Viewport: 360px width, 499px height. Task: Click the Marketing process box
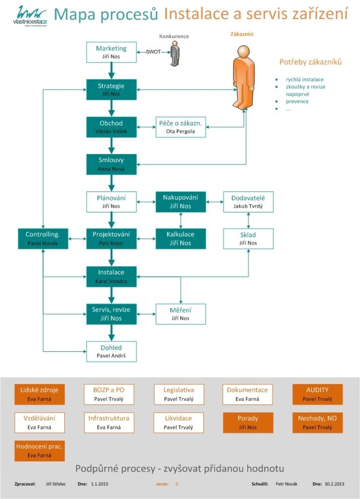tap(111, 52)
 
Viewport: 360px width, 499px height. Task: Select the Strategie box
tap(111, 90)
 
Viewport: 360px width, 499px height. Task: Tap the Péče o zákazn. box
tap(181, 127)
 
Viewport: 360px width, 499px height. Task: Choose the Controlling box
tap(43, 239)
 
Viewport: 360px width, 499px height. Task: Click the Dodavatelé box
tap(248, 202)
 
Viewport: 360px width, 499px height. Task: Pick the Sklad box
tap(248, 239)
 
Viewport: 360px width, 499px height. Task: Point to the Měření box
tap(181, 314)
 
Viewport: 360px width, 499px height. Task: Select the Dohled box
tap(111, 351)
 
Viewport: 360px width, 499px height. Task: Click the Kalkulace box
tap(181, 239)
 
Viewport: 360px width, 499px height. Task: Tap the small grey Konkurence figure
tap(174, 55)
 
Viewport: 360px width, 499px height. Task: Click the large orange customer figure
tap(243, 77)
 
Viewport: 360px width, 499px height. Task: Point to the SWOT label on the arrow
tap(153, 52)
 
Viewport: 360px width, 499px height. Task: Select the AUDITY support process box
tap(318, 394)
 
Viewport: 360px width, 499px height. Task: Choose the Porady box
tap(248, 422)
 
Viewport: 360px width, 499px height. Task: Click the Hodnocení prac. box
tap(39, 451)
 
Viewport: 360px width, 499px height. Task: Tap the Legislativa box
tap(179, 394)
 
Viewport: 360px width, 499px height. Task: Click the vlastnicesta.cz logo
tap(30, 16)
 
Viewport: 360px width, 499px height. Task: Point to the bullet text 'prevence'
tap(297, 101)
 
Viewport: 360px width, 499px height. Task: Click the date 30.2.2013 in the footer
tap(334, 484)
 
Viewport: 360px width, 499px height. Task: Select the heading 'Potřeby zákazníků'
tap(310, 62)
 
